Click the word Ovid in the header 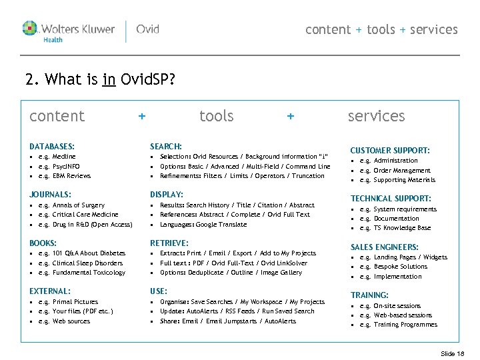click(147, 29)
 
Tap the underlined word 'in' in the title click(109, 80)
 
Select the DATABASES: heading click(52, 146)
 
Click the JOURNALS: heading click(51, 194)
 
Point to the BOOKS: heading click(43, 243)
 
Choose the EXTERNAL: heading click(50, 291)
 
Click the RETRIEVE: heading click(169, 243)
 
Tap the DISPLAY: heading click(167, 194)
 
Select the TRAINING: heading click(369, 295)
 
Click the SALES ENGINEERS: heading click(385, 247)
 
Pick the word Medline click(64, 157)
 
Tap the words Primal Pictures click(75, 302)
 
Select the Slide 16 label click(453, 353)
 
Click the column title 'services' click(376, 116)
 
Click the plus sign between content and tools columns click(141, 116)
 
